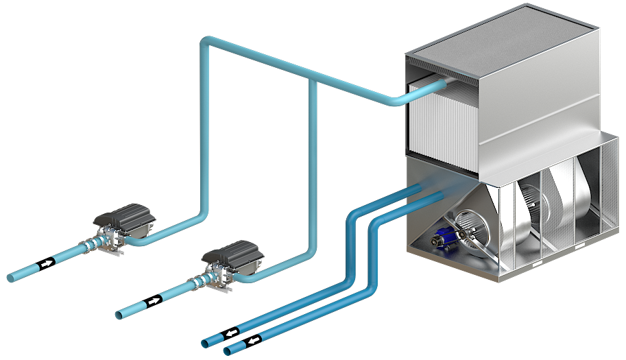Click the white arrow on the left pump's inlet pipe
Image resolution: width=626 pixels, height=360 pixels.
pyautogui.click(x=46, y=263)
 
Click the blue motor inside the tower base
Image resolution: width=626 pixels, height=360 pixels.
pyautogui.click(x=438, y=240)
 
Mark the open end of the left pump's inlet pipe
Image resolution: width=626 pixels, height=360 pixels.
pyautogui.click(x=10, y=278)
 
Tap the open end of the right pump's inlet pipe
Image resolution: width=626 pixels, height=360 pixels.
pyautogui.click(x=119, y=315)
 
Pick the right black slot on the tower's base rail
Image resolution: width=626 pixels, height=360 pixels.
pyautogui.click(x=581, y=245)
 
